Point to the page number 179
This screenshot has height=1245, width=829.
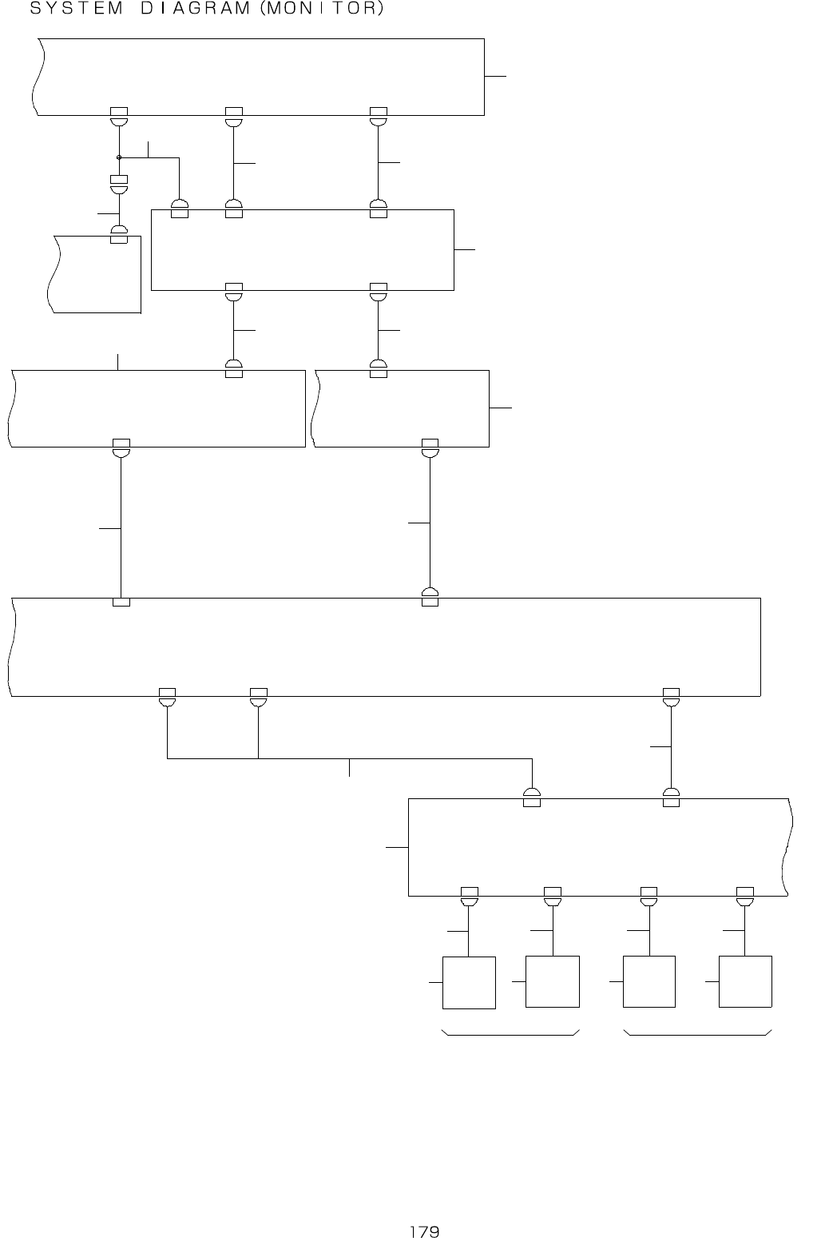[x=424, y=1231]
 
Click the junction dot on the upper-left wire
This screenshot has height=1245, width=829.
[x=119, y=157]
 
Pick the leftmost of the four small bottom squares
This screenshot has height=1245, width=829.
[x=469, y=982]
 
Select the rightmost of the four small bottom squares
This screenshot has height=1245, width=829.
[x=745, y=982]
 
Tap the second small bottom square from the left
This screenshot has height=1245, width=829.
[x=553, y=982]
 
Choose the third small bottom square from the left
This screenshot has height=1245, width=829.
[x=649, y=982]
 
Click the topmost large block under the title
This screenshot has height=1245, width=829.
[x=260, y=76]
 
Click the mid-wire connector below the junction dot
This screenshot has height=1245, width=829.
[x=119, y=185]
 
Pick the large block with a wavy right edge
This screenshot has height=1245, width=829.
[x=599, y=847]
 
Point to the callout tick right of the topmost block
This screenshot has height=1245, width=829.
[x=495, y=76]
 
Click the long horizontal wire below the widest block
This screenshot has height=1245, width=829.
[x=349, y=758]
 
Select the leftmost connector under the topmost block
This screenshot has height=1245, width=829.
[x=119, y=116]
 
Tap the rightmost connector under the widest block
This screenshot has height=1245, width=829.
[x=671, y=697]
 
